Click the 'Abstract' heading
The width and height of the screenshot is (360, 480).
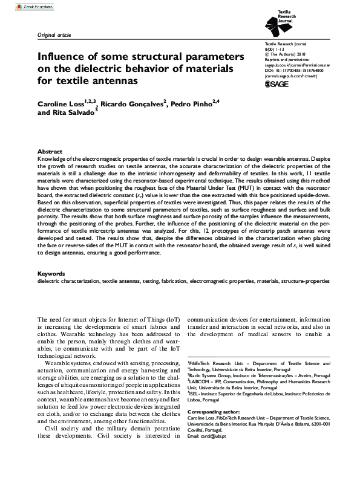pyautogui.click(x=50, y=152)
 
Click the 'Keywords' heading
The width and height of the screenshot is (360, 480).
pyautogui.click(x=51, y=274)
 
